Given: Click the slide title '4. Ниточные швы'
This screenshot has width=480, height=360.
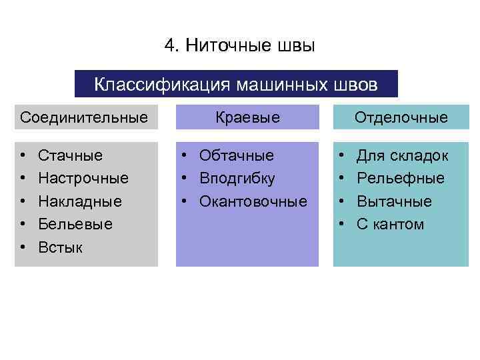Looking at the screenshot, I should [239, 45].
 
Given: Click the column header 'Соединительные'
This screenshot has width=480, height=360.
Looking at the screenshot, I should [84, 118].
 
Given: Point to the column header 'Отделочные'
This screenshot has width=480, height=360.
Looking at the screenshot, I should [401, 118].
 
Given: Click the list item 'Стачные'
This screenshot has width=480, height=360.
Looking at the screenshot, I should [71, 156].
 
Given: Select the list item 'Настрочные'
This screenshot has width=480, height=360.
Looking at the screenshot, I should [83, 179].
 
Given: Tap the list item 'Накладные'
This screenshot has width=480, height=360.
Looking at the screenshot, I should [80, 201].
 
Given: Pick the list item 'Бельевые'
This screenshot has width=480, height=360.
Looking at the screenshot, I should [75, 224].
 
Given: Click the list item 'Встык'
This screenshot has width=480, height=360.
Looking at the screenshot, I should [61, 247].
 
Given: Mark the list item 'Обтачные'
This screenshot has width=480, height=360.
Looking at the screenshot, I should [237, 156].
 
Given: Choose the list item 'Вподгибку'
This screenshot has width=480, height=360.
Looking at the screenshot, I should [237, 179].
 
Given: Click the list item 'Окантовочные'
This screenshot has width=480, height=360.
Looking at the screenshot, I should [253, 201].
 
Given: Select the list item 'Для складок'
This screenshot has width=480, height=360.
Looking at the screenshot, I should [403, 156].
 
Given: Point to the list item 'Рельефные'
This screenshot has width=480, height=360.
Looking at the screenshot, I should [401, 179].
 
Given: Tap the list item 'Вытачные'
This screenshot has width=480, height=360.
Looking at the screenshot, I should [395, 201].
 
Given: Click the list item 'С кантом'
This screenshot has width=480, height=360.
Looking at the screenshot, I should [391, 224].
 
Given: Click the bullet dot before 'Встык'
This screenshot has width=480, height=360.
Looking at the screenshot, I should [23, 247].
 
